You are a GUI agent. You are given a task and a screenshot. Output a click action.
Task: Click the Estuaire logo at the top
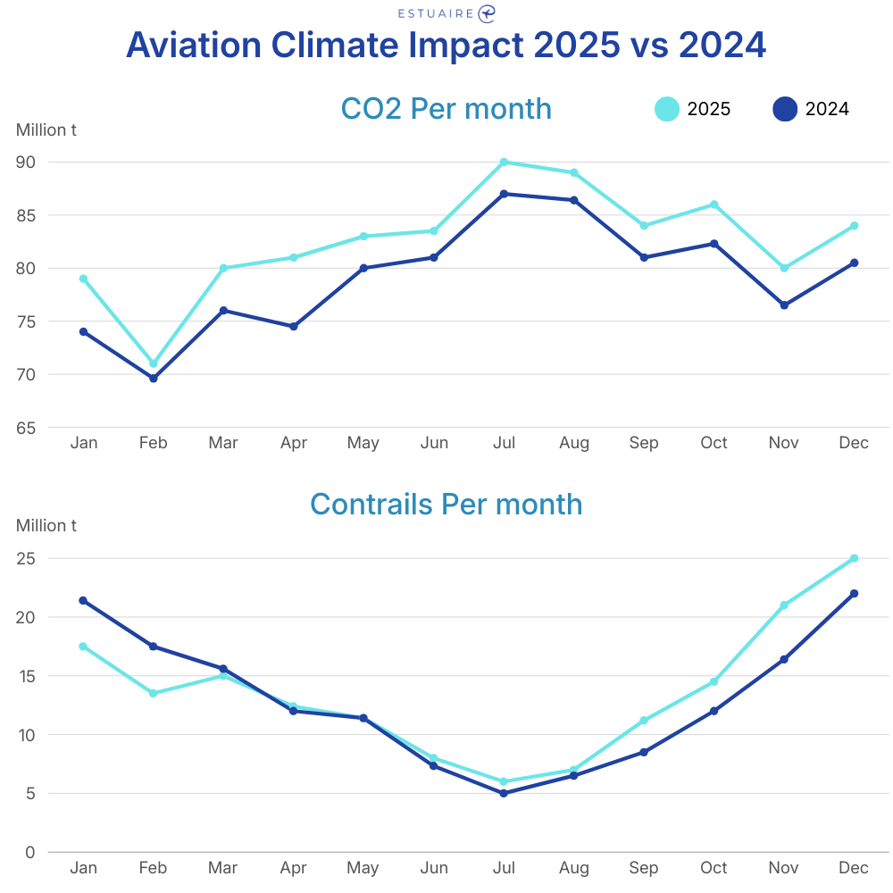point(446,13)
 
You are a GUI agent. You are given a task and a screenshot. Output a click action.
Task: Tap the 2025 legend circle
point(667,109)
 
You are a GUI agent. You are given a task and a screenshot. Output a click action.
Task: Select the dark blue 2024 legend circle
point(785,109)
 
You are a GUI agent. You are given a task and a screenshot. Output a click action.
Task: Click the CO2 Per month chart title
point(446,109)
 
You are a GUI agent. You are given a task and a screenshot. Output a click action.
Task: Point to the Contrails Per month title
point(446,505)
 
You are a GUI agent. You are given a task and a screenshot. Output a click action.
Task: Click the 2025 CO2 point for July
point(504,163)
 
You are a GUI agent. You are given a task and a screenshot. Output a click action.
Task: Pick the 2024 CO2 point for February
point(154,379)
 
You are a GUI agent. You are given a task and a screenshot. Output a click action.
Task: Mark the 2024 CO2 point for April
point(293,327)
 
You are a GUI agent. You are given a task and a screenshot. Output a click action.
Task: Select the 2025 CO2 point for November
point(784,268)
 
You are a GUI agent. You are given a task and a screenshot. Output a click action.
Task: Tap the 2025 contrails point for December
point(854,558)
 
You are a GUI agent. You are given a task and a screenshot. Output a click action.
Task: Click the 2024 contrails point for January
point(83,600)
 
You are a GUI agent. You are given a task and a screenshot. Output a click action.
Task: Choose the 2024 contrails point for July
point(504,793)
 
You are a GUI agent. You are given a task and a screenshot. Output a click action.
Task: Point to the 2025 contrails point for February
point(154,693)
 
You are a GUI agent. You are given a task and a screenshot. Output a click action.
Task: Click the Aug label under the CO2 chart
point(574,443)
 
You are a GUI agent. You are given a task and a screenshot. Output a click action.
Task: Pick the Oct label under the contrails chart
point(714,868)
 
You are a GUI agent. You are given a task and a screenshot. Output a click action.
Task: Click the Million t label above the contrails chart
point(46,526)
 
